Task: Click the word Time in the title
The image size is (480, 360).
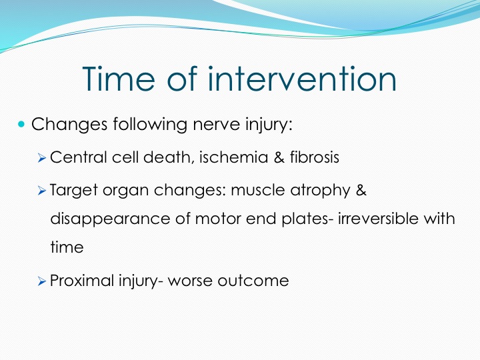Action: point(119,79)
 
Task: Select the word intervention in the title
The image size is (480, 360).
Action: point(302,79)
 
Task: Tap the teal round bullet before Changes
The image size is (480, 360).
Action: point(21,124)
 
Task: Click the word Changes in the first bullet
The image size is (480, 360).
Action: point(69,124)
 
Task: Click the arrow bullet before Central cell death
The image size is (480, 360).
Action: point(41,158)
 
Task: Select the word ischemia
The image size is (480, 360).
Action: point(233,157)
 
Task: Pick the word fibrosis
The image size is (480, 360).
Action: point(315,157)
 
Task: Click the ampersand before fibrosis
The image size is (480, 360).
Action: point(279,157)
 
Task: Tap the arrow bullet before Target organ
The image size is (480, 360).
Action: point(41,191)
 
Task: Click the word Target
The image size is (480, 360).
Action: point(74,191)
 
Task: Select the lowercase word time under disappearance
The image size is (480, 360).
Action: point(67,247)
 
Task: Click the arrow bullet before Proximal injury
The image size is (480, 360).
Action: point(41,281)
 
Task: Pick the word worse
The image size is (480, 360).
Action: point(190,281)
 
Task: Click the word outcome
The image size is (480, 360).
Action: point(253,281)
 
